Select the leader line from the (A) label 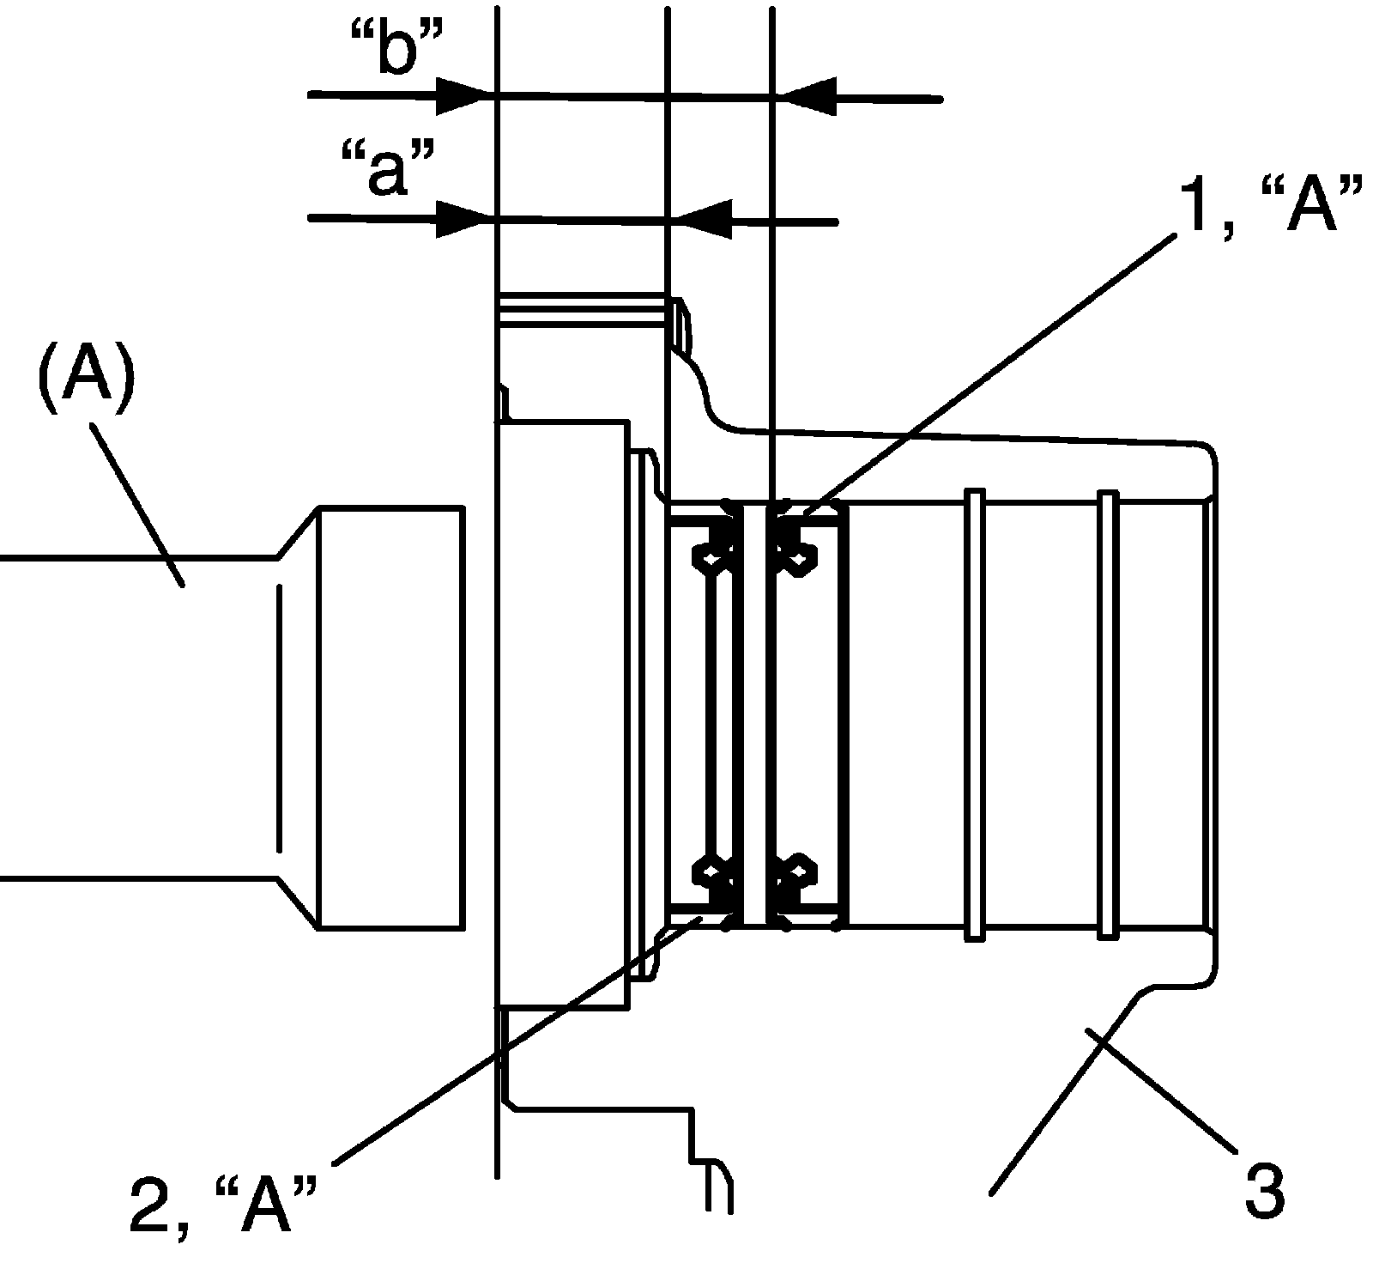137,507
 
